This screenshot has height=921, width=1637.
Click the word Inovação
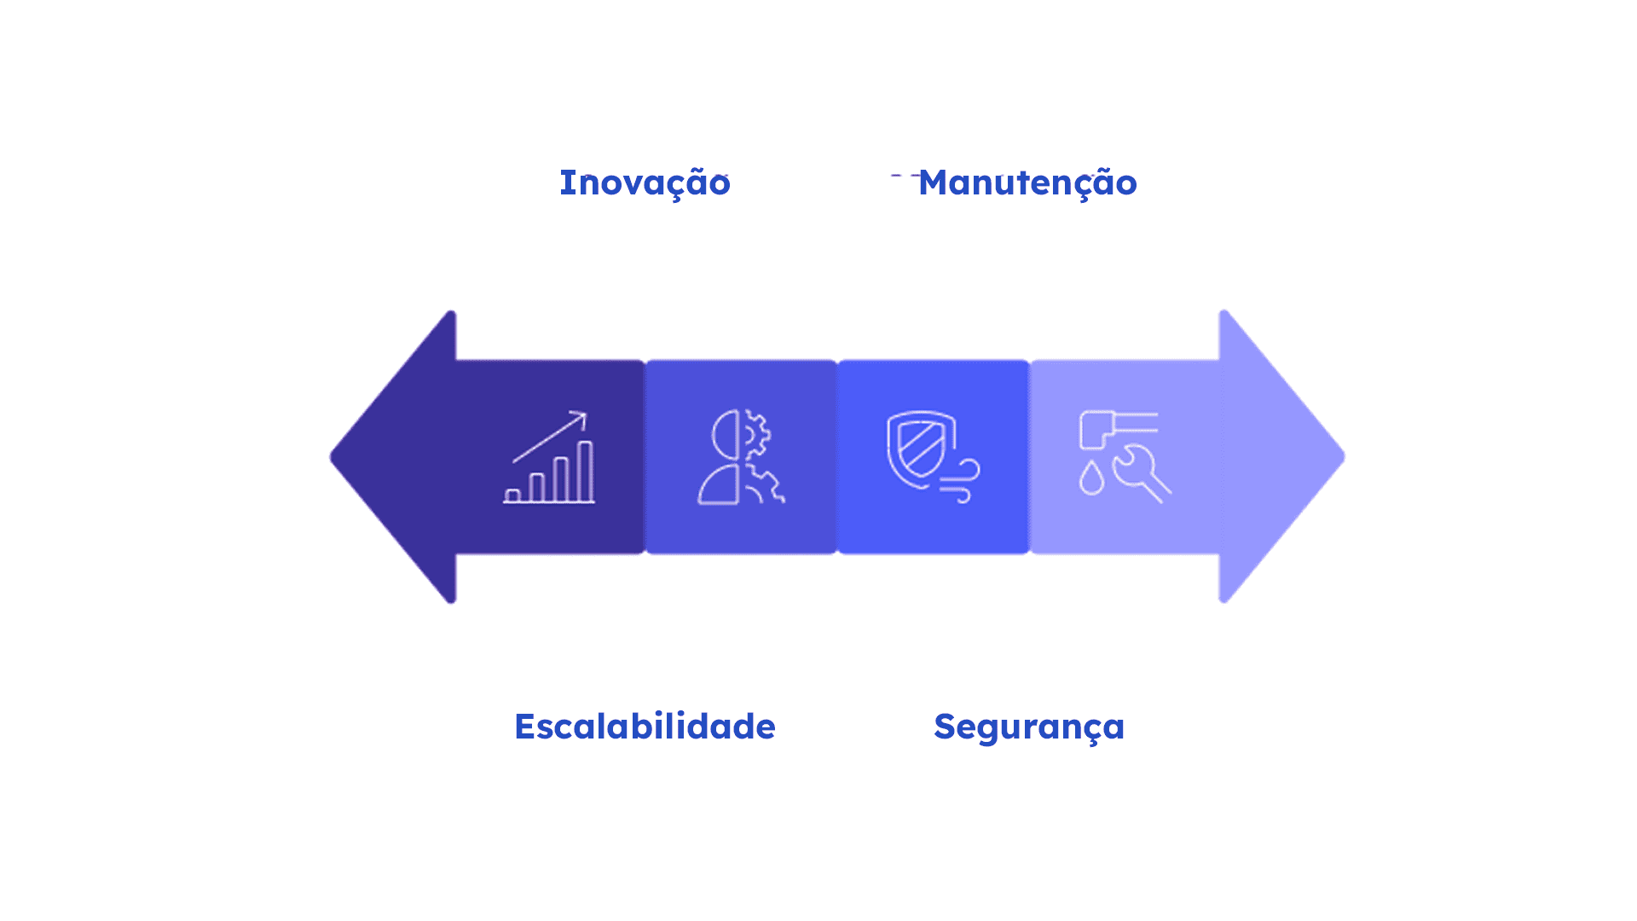coord(645,183)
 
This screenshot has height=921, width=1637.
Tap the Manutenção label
coord(1027,183)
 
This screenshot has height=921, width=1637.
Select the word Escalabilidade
coord(645,727)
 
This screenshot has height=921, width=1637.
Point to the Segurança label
coord(1029,727)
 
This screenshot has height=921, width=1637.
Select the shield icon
coord(920,449)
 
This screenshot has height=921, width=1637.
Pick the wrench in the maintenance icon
coord(1141,473)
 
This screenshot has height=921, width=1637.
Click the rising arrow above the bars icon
coord(551,436)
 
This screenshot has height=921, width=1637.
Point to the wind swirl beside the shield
coord(962,481)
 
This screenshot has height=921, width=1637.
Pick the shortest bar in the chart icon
coord(512,495)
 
